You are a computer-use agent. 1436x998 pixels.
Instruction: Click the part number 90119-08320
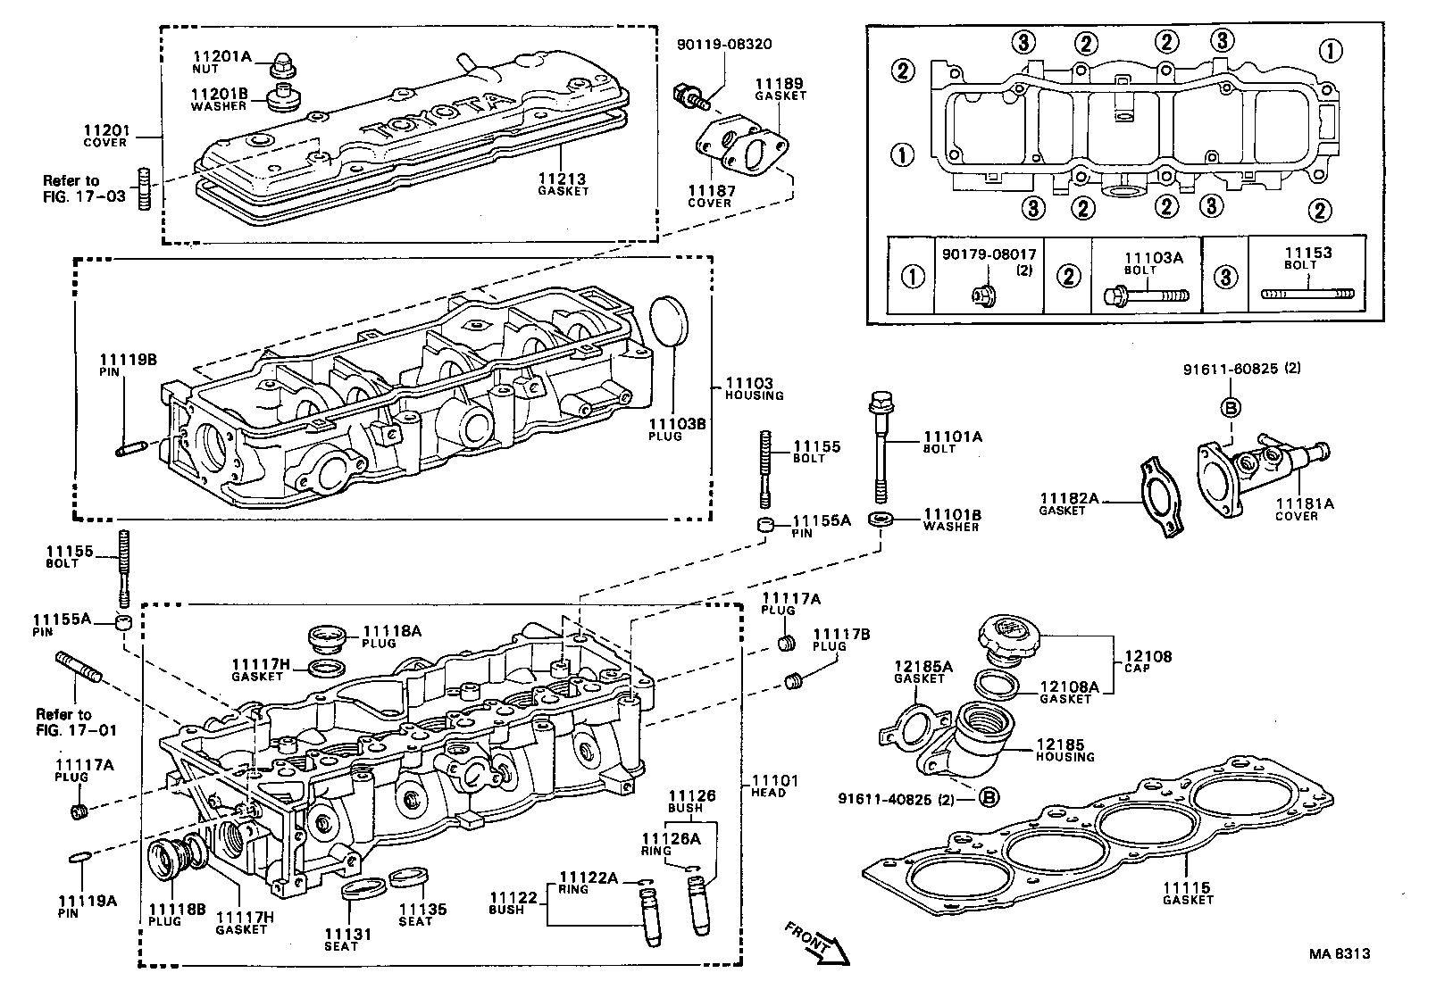[x=724, y=43]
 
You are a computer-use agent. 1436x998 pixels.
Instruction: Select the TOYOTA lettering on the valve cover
[x=435, y=113]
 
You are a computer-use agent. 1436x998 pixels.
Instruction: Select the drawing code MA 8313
[x=1340, y=953]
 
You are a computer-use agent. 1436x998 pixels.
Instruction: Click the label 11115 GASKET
[x=1187, y=894]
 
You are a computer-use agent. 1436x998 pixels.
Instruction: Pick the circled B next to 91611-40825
[x=989, y=797]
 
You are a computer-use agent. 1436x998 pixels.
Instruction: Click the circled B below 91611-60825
[x=1231, y=408]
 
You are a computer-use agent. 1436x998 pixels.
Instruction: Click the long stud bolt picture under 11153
[x=1307, y=292]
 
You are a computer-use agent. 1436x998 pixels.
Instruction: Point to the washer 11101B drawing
[x=884, y=519]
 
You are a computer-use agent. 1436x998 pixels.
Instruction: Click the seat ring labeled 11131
[x=363, y=888]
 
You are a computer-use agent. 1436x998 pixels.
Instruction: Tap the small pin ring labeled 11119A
[x=79, y=858]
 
